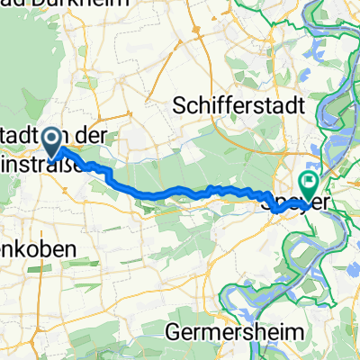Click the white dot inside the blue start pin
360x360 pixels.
52,138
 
